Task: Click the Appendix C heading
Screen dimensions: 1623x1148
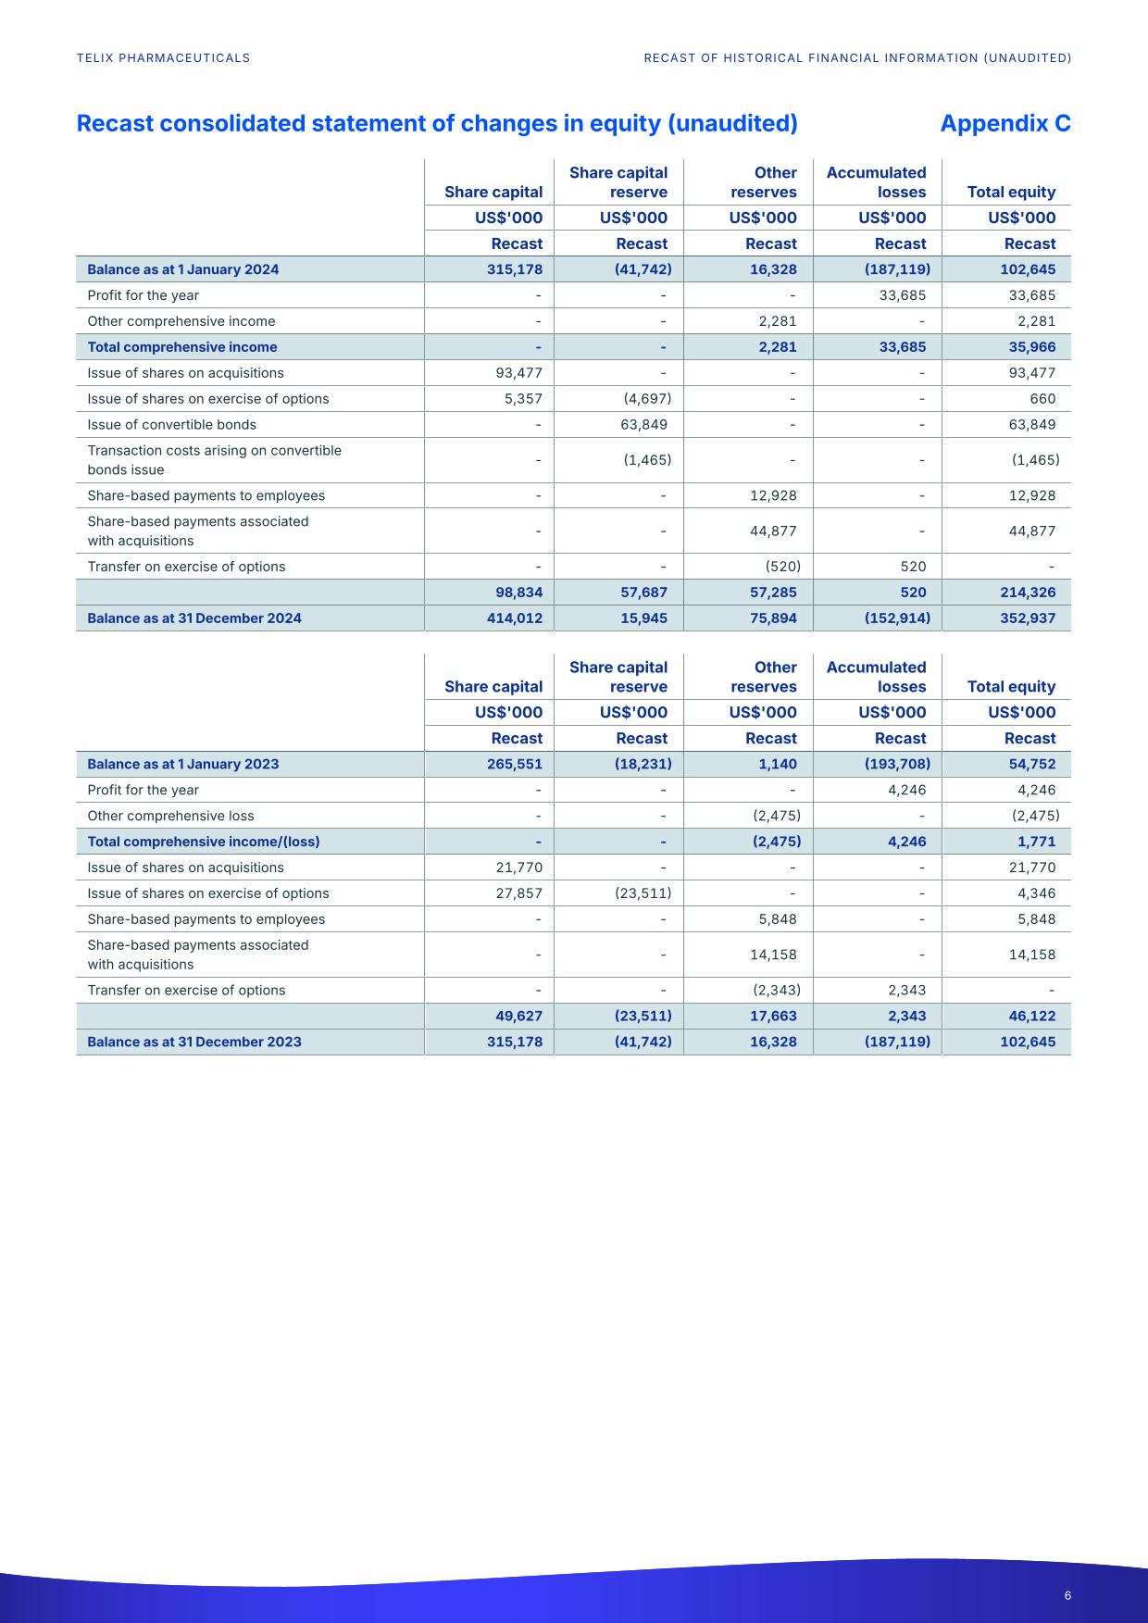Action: point(1004,123)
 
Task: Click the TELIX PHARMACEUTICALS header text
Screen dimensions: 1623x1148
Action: point(163,57)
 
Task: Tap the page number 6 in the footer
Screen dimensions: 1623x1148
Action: point(1067,1595)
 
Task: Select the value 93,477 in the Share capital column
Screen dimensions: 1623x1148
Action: point(518,373)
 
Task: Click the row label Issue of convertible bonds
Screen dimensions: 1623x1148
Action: point(171,425)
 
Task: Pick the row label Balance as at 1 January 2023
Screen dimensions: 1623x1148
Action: point(182,764)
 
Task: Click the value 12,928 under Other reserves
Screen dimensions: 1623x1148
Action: point(773,495)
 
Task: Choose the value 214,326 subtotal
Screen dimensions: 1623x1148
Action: point(1028,593)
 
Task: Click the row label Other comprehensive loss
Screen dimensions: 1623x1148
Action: point(170,816)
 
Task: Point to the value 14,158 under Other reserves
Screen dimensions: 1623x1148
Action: point(773,955)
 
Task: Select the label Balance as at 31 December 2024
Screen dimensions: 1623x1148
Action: point(193,618)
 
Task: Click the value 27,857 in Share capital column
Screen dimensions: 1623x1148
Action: point(518,893)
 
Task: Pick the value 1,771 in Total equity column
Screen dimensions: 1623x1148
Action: point(1037,842)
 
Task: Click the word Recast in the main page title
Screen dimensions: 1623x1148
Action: point(114,123)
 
